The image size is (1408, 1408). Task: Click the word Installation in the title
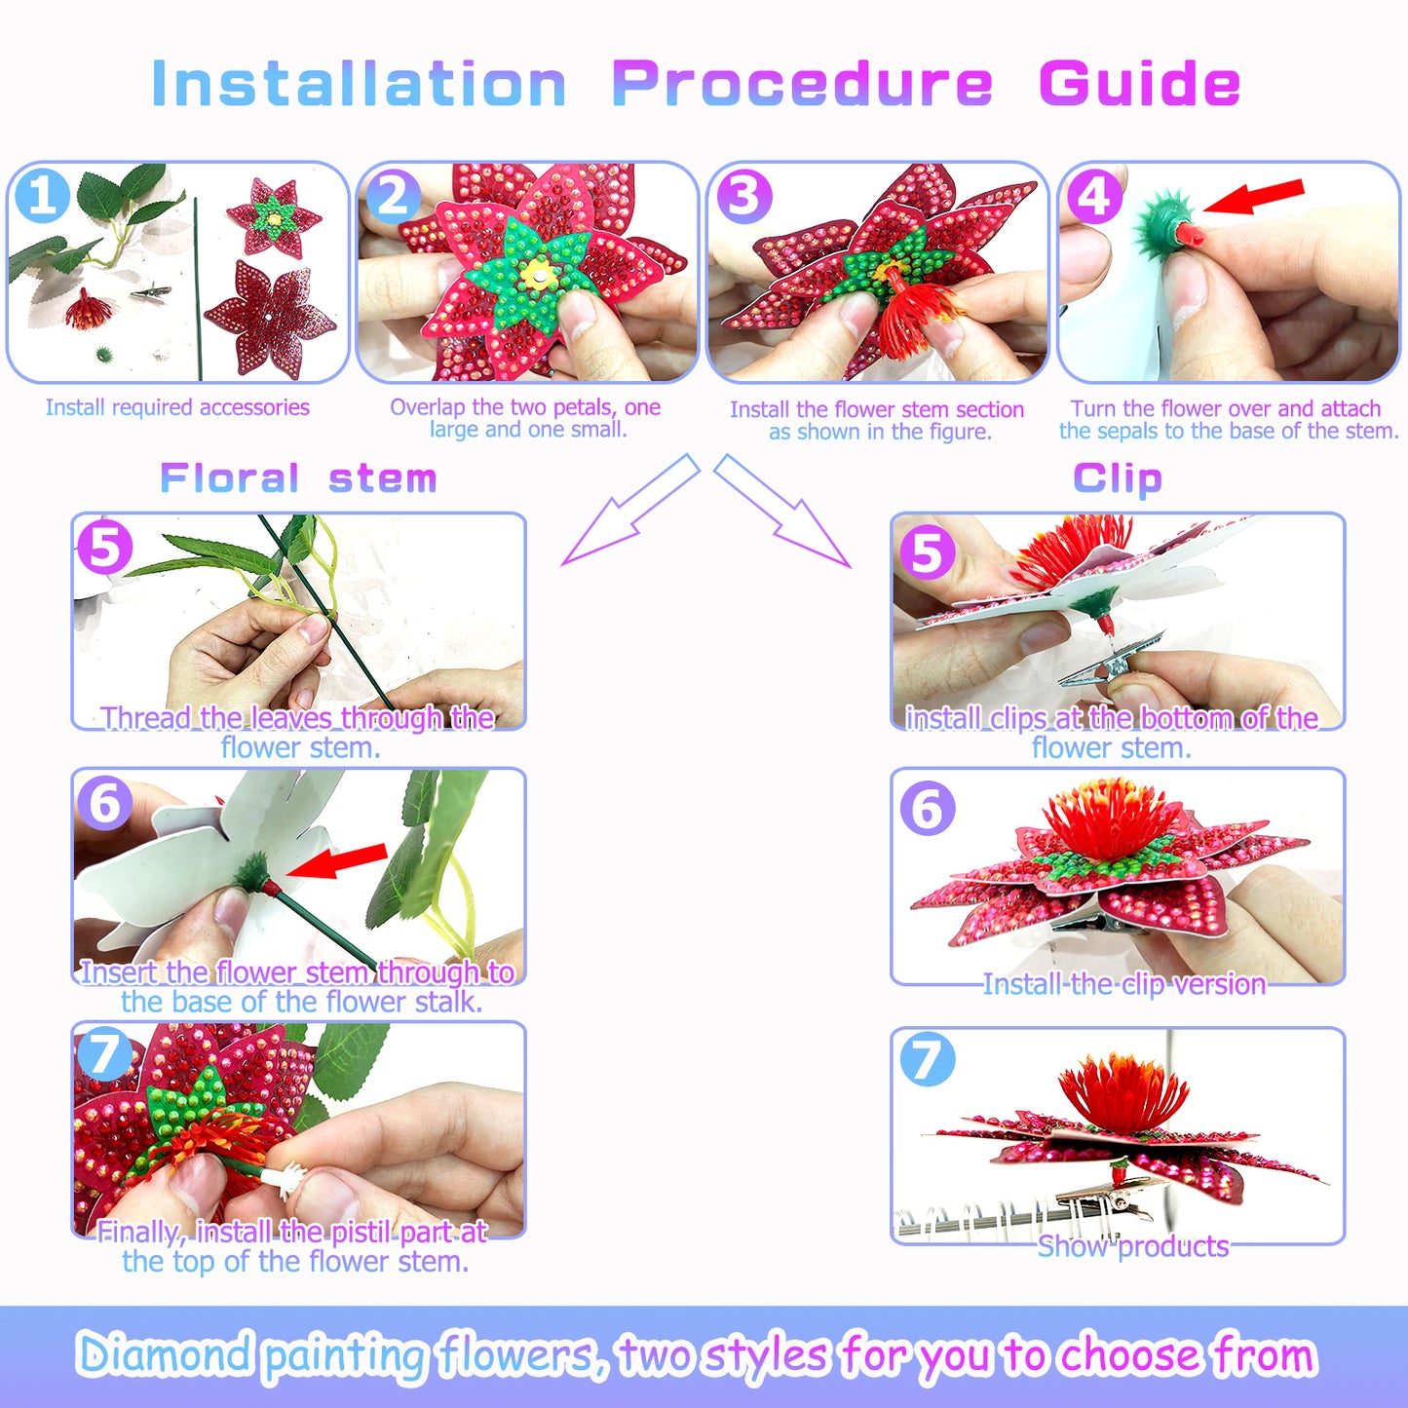(359, 84)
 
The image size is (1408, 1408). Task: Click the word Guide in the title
(1139, 84)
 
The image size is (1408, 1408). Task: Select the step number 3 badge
(744, 196)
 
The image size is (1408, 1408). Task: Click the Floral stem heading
(298, 478)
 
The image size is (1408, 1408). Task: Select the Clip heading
(1118, 478)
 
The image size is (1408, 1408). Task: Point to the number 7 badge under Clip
(927, 1059)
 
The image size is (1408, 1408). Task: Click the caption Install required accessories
(177, 407)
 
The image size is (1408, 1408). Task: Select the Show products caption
(1132, 1246)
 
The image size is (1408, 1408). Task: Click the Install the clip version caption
(1123, 984)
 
